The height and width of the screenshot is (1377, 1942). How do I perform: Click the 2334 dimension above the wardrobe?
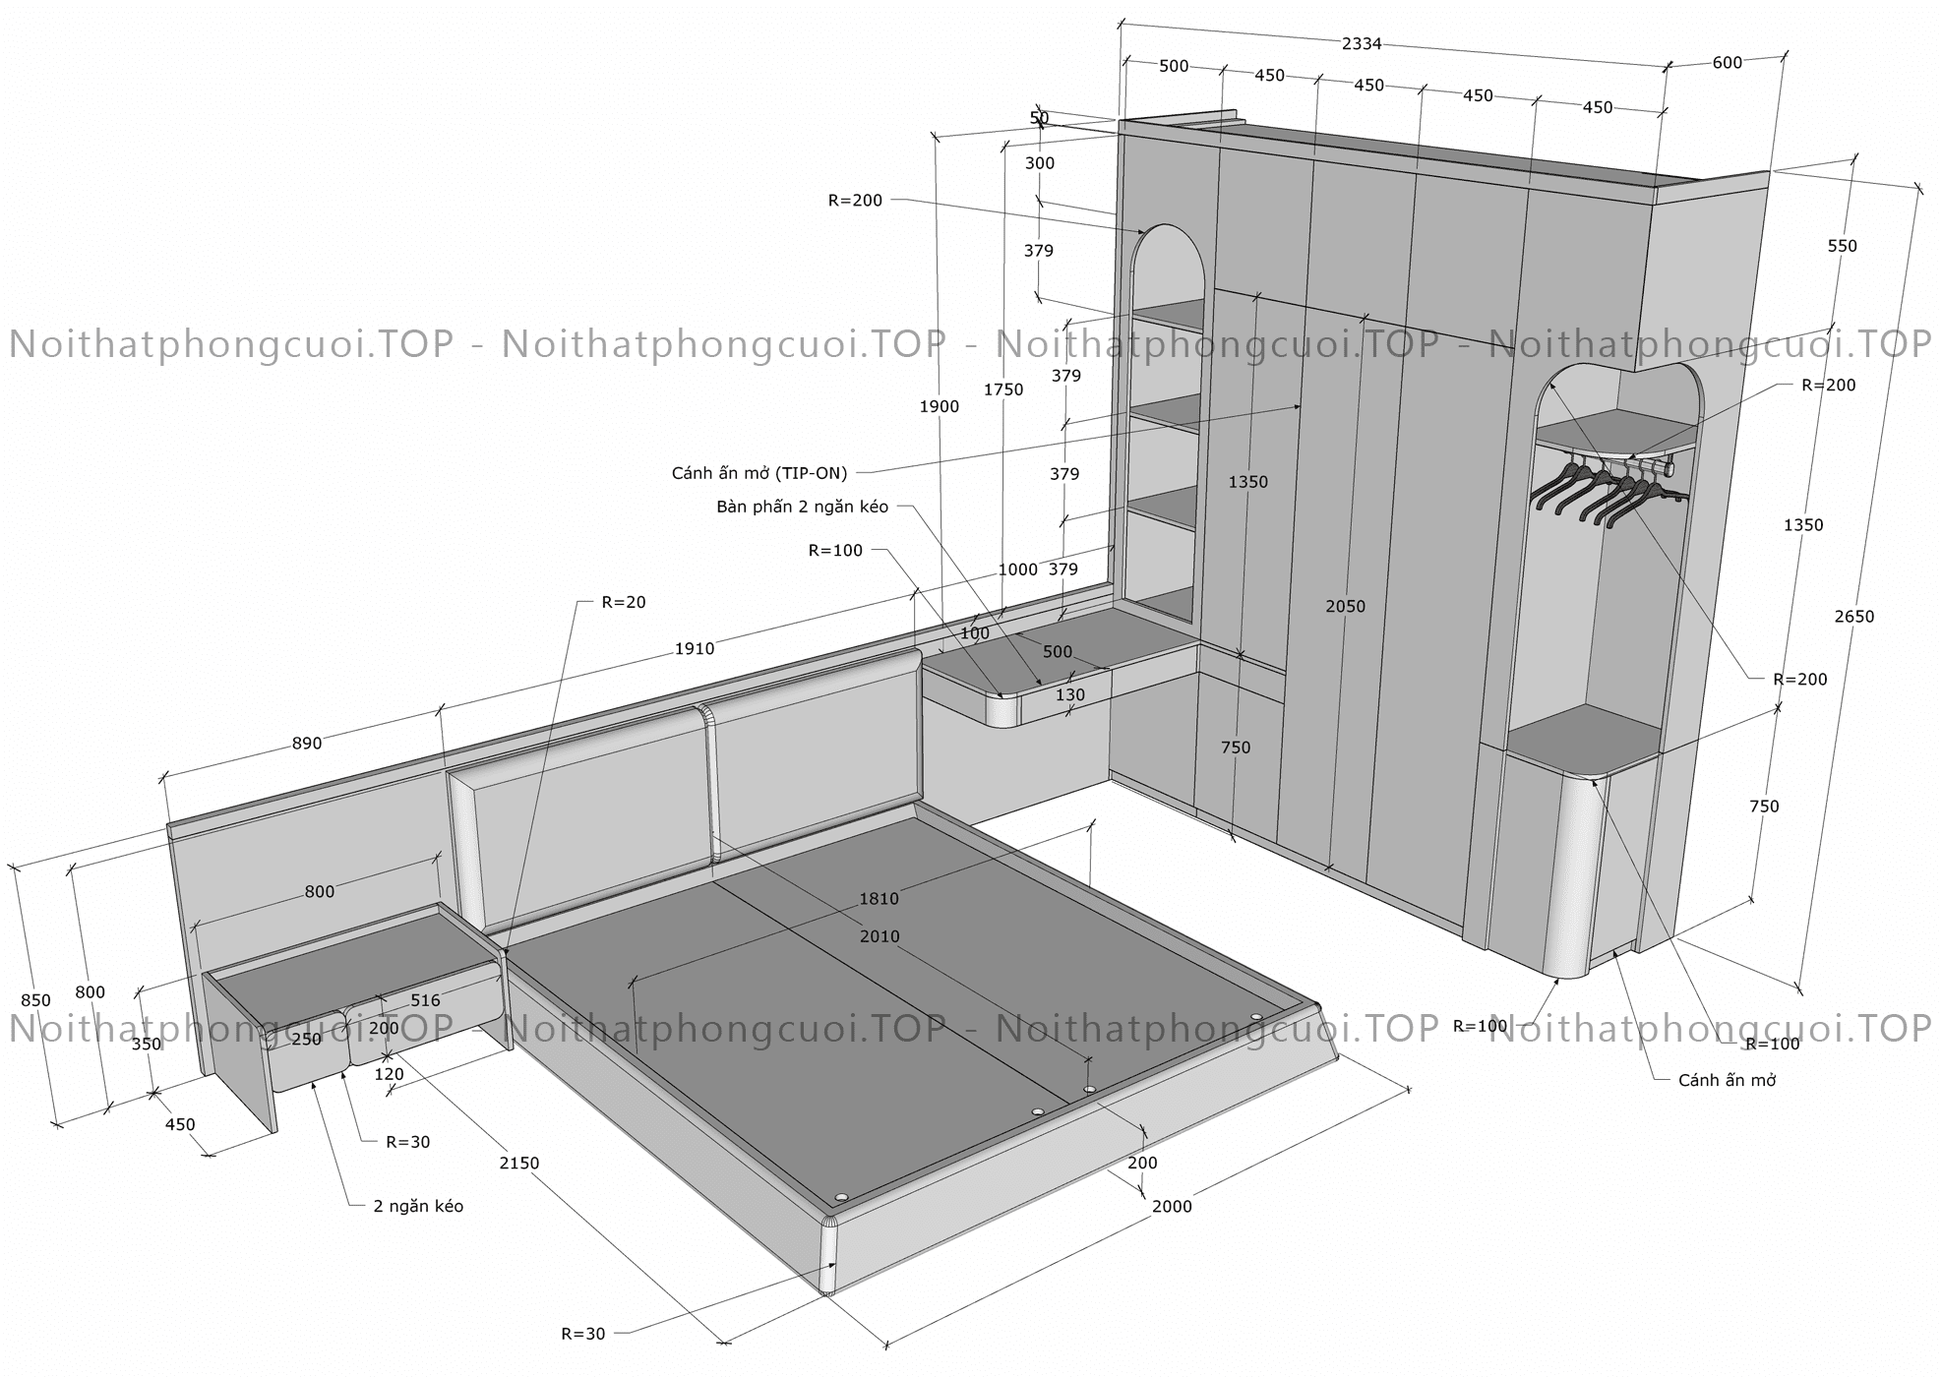click(x=1362, y=43)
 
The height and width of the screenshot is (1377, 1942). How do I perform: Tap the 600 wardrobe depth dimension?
click(x=1727, y=63)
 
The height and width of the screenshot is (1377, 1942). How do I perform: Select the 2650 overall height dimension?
click(x=1854, y=617)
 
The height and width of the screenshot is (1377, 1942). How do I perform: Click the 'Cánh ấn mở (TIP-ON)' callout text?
click(x=759, y=473)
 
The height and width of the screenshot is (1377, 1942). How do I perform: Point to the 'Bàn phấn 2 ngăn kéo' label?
click(x=802, y=508)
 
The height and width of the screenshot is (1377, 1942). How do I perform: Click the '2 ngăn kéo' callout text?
click(x=418, y=1206)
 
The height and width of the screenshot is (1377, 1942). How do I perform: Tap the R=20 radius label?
click(x=624, y=602)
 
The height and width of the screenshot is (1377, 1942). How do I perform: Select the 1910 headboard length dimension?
click(x=695, y=648)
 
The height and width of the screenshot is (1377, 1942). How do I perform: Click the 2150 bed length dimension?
click(x=519, y=1163)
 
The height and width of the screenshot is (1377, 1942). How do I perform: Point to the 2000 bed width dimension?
click(x=1172, y=1207)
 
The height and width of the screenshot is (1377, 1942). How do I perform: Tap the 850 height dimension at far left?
click(x=35, y=1000)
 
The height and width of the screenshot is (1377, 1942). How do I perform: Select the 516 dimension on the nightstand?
click(x=425, y=1000)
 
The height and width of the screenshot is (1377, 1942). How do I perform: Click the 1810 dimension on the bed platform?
click(x=879, y=898)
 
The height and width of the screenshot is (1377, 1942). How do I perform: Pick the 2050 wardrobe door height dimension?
click(x=1345, y=607)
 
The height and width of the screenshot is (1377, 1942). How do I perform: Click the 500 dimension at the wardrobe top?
click(x=1174, y=67)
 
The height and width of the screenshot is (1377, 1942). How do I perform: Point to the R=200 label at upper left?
click(x=855, y=201)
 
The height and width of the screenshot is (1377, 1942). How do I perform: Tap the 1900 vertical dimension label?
click(x=940, y=406)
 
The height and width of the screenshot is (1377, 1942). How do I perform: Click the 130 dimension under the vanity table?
click(x=1070, y=694)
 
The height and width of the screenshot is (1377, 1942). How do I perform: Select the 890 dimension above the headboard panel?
click(x=307, y=744)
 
